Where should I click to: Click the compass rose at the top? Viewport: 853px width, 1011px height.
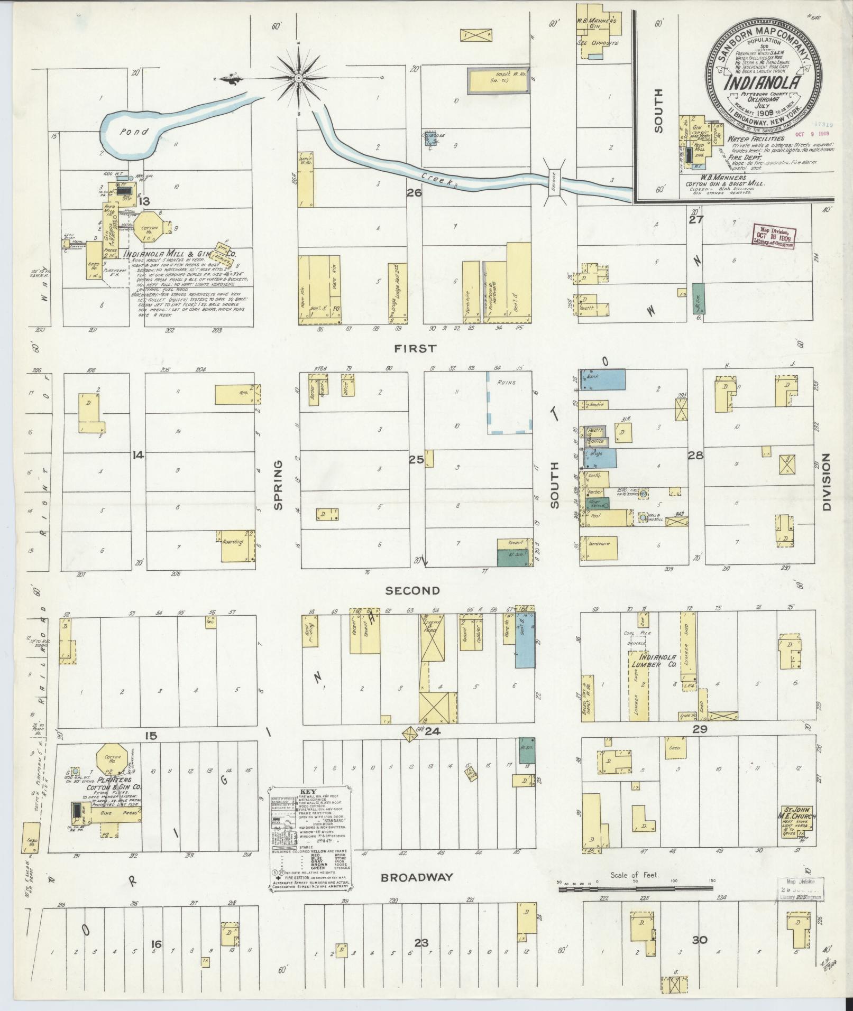click(x=298, y=78)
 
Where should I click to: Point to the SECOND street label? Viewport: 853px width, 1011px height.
click(x=412, y=590)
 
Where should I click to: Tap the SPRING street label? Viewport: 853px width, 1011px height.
click(x=278, y=485)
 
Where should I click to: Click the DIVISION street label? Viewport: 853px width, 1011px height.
click(x=827, y=482)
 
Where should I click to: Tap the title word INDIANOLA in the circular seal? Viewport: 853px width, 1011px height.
click(x=765, y=84)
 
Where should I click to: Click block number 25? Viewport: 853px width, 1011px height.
click(x=416, y=459)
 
